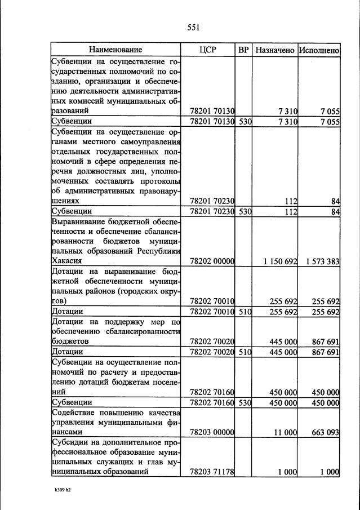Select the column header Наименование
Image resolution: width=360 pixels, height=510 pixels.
click(x=115, y=50)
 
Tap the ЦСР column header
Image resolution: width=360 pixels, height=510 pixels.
click(x=208, y=50)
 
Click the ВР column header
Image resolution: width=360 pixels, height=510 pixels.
click(x=243, y=50)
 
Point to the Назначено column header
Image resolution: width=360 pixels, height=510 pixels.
click(x=274, y=50)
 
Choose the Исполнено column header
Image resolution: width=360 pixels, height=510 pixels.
click(x=319, y=50)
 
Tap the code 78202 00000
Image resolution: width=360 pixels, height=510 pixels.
click(x=212, y=261)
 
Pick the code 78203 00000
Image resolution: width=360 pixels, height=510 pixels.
click(x=212, y=432)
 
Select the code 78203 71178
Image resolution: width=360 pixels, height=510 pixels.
click(x=212, y=472)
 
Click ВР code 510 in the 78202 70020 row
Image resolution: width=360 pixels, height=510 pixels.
click(x=243, y=353)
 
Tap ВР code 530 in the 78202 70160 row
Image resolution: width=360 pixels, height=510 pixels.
click(x=243, y=403)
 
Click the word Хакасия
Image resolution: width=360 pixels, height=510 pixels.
click(x=67, y=261)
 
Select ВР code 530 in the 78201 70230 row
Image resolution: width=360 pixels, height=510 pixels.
click(x=243, y=211)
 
